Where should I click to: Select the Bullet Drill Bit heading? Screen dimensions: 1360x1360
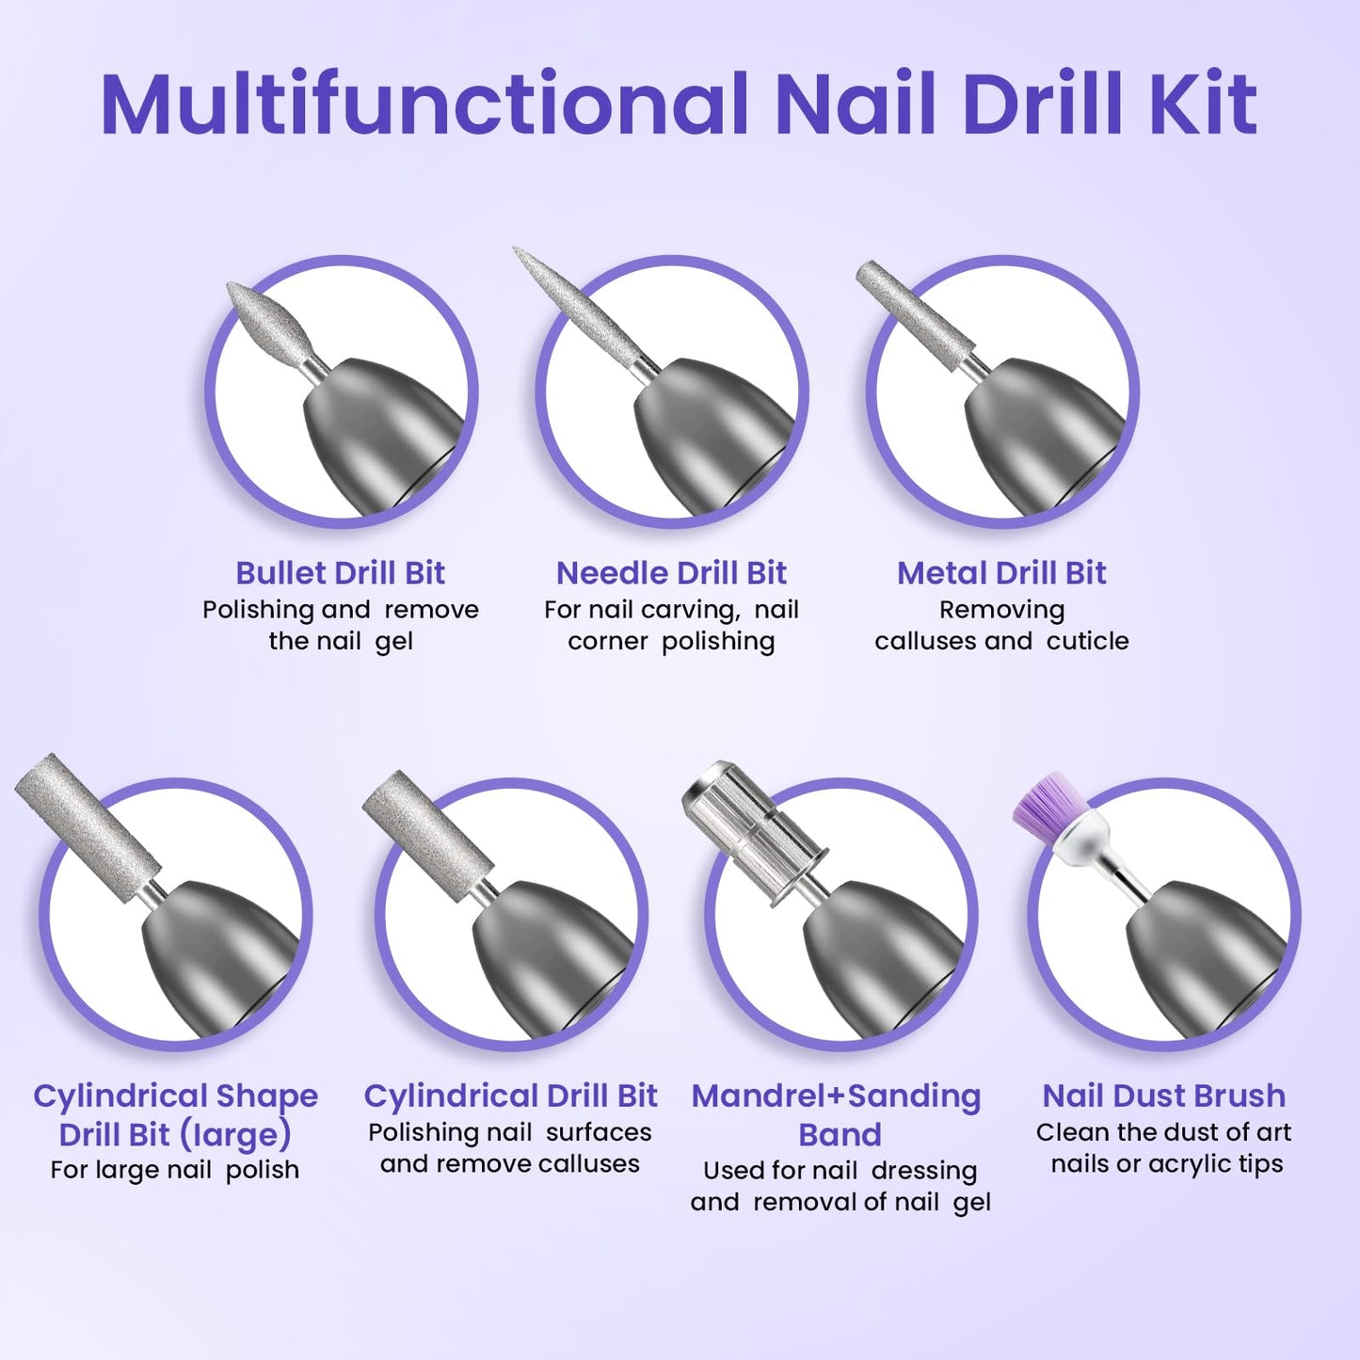(340, 572)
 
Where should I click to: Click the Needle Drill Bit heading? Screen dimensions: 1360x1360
(671, 572)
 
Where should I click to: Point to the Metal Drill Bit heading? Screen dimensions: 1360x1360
(1001, 572)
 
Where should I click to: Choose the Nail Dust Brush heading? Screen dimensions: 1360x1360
(1163, 1096)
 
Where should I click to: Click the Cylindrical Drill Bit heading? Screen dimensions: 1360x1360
(510, 1096)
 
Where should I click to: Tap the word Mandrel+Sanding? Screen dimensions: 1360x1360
(836, 1096)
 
